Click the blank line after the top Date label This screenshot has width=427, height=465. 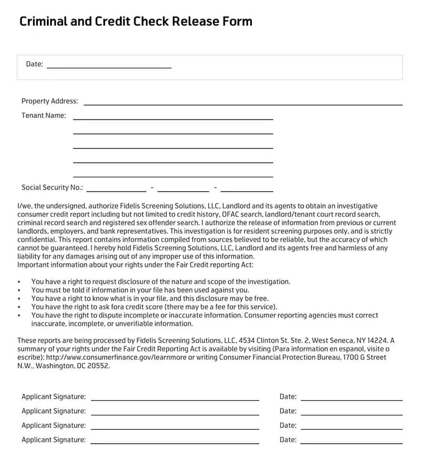pos(109,67)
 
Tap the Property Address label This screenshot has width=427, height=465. pos(50,101)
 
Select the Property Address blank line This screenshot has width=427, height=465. pos(243,104)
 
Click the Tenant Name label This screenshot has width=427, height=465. pos(44,115)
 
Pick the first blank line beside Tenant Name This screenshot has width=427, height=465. pos(173,119)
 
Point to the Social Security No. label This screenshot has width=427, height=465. pos(52,187)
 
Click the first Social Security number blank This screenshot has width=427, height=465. pos(116,191)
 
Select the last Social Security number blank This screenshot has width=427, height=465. pos(247,191)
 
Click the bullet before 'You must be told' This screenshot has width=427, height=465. pos(19,290)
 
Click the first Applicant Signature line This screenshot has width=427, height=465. pos(175,399)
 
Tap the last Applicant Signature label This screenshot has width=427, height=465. pos(53,440)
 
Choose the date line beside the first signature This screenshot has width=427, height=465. pos(351,399)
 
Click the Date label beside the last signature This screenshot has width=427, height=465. pos(288,440)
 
